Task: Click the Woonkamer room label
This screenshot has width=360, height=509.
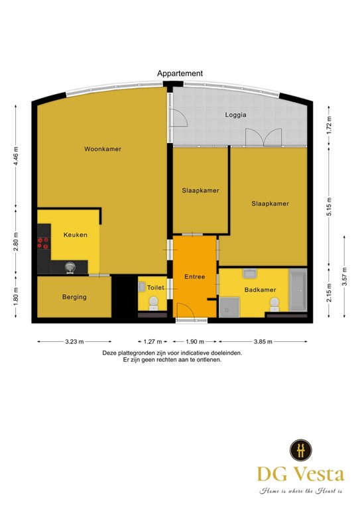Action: tap(103, 149)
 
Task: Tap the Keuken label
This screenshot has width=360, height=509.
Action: tap(75, 235)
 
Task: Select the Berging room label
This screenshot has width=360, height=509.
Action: tap(74, 297)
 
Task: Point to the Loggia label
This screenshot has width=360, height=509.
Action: tap(235, 115)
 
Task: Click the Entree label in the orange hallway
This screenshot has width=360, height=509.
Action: tap(194, 276)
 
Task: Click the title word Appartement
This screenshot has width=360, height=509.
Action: tap(180, 74)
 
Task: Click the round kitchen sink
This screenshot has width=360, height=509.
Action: tap(70, 267)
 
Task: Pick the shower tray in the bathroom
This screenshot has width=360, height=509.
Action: tap(229, 306)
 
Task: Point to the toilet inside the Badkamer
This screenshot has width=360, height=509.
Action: tap(273, 304)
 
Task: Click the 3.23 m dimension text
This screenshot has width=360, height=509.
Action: tap(74, 343)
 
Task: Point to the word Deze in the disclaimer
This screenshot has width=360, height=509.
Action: tap(111, 353)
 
